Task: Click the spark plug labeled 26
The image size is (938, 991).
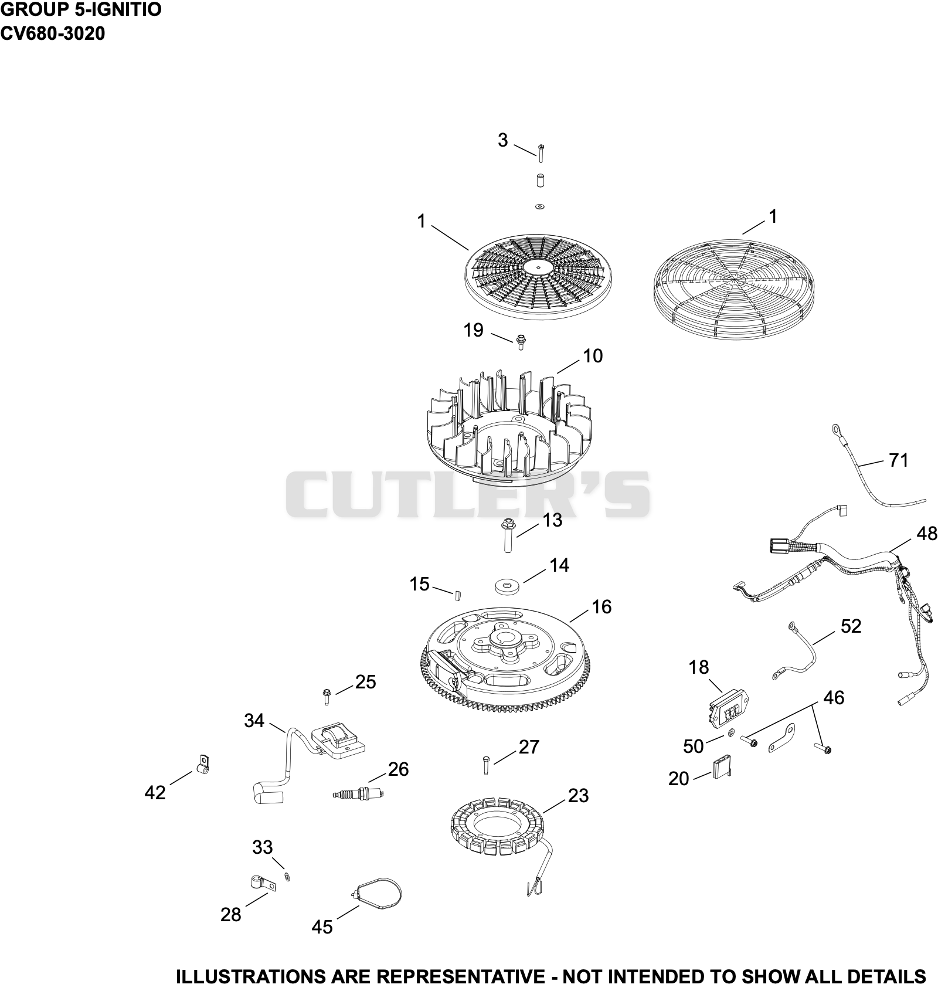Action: pyautogui.click(x=358, y=793)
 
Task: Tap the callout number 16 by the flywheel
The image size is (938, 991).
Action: pyautogui.click(x=601, y=606)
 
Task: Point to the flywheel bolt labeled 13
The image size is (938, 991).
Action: pyautogui.click(x=506, y=534)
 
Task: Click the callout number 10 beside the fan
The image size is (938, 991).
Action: pyautogui.click(x=593, y=356)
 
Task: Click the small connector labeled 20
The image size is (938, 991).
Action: pyautogui.click(x=722, y=768)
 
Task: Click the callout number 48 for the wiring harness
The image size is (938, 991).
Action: pyautogui.click(x=926, y=534)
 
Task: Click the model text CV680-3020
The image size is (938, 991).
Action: pyautogui.click(x=53, y=33)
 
